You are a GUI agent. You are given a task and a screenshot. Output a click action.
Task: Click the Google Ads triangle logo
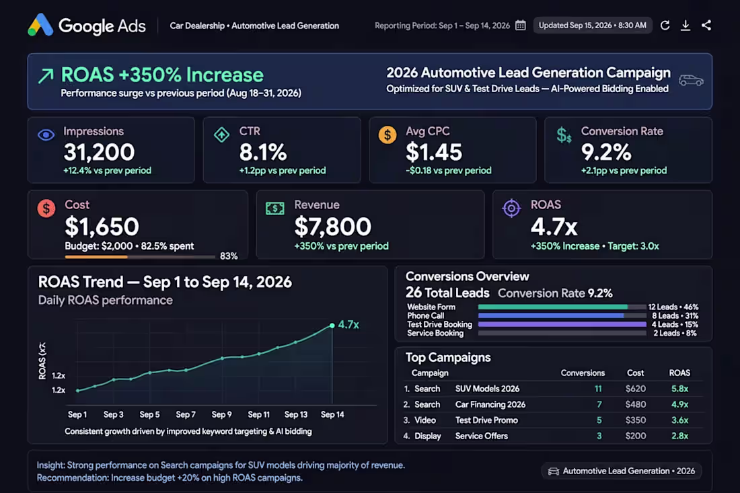40,25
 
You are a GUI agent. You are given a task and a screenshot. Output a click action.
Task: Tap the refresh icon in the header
665,26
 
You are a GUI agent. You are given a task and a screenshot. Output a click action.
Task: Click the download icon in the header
686,26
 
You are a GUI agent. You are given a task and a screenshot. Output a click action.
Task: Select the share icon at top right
706,26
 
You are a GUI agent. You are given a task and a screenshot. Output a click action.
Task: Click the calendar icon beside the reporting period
521,26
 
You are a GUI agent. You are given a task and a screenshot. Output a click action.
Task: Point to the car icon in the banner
691,80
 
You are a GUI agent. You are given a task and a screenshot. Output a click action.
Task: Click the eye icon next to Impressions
46,135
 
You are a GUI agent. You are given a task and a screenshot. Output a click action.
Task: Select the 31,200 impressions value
99,152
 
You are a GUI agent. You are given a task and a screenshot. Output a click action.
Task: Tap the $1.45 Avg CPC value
434,152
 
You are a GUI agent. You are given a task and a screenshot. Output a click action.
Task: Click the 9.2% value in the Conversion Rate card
606,152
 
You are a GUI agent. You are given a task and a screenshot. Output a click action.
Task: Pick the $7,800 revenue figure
333,227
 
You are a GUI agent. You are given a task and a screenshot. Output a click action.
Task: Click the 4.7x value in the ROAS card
554,227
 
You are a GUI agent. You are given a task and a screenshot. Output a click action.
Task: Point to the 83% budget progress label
229,256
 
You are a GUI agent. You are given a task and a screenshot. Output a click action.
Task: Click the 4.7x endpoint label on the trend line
348,325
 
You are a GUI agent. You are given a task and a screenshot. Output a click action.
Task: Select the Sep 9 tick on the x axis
221,414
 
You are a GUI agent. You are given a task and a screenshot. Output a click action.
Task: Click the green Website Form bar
552,307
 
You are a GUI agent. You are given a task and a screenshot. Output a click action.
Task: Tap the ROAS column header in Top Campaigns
679,373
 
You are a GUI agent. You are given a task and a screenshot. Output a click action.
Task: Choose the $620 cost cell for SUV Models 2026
636,389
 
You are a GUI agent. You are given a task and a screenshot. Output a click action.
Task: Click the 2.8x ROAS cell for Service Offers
679,436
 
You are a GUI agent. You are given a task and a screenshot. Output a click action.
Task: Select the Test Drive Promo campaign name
486,420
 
